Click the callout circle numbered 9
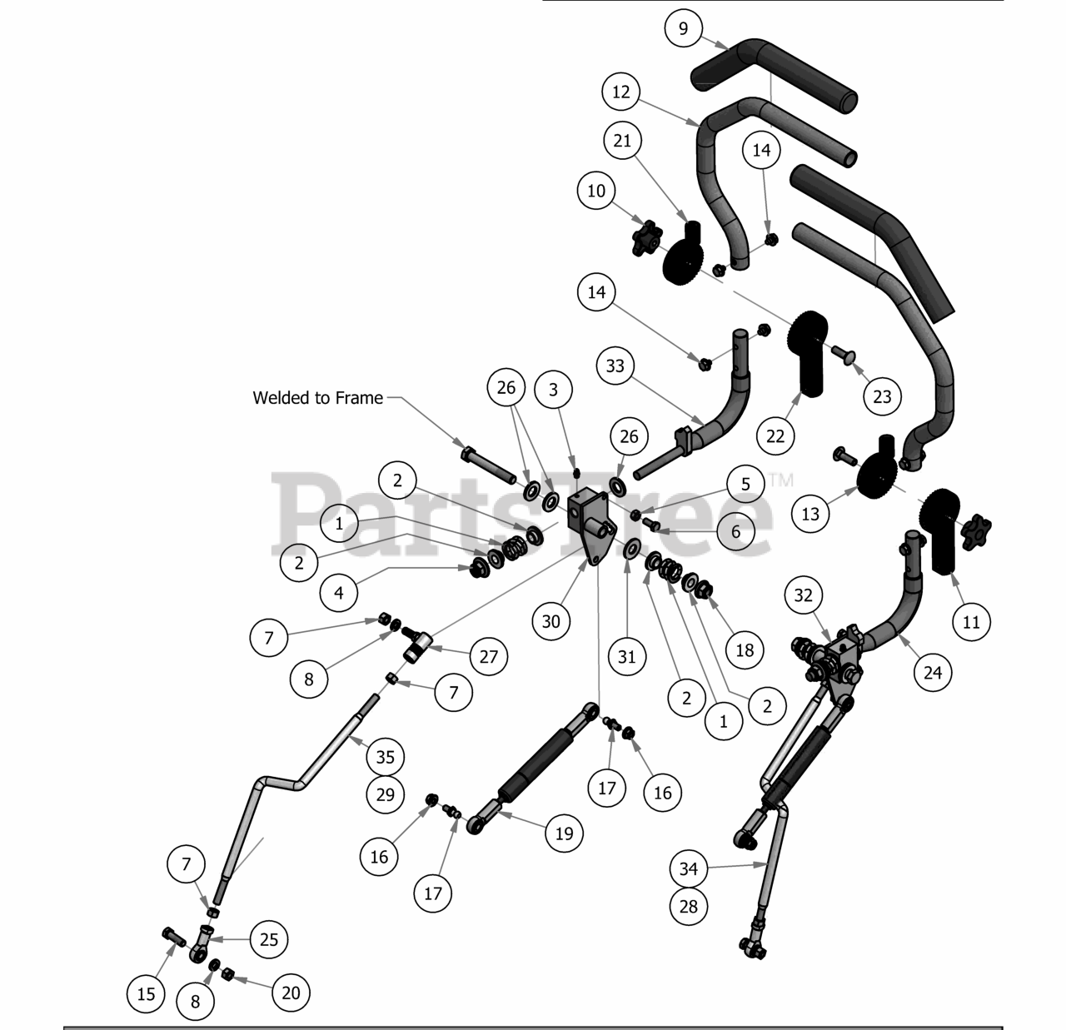pos(684,29)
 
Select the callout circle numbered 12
pos(621,92)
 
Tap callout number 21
pos(622,141)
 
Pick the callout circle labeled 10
pos(596,191)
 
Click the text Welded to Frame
pos(318,398)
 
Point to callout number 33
pos(615,366)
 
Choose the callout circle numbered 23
pos(882,396)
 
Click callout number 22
pos(775,435)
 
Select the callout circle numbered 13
pos(810,514)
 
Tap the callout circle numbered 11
pos(972,621)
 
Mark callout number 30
pos(551,620)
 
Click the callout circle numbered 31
pos(627,656)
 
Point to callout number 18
pos(745,649)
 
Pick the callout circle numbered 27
pos(489,656)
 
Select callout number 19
pos(565,833)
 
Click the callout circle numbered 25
pos(269,939)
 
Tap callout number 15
pos(146,993)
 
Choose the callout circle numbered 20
pos(291,992)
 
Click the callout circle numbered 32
pos(803,595)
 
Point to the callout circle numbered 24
pos(933,671)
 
